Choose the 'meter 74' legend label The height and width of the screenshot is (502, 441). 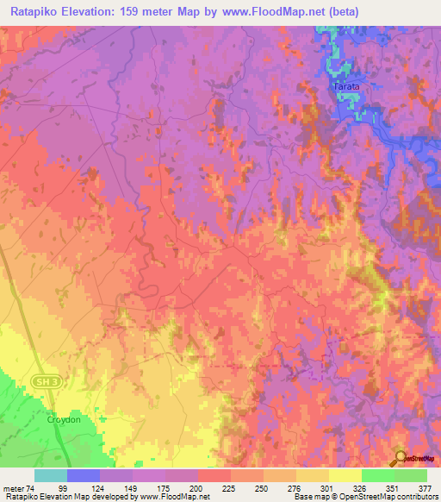(19, 488)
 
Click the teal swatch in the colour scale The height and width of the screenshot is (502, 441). (51, 475)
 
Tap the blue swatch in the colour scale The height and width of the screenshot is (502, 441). (84, 475)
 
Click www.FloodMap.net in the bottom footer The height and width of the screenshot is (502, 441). (170, 498)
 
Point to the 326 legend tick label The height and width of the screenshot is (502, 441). (328, 488)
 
